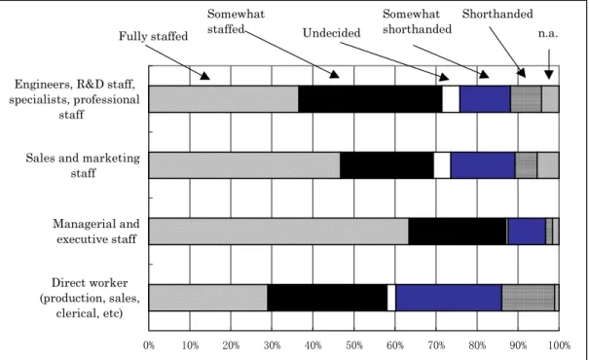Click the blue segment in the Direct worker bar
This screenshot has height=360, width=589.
[x=449, y=298]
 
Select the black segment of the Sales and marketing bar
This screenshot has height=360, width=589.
[x=387, y=165]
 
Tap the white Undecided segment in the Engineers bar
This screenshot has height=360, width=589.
[x=451, y=99]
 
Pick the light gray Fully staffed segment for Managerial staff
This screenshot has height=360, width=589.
[x=278, y=232]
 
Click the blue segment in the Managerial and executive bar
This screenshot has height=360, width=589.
[x=527, y=232]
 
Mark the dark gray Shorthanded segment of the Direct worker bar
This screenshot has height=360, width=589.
[x=528, y=298]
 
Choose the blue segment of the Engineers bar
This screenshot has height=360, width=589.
[x=485, y=99]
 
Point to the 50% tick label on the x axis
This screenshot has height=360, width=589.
[x=353, y=345]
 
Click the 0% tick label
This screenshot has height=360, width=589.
[x=149, y=345]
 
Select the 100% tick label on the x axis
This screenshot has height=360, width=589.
[x=560, y=345]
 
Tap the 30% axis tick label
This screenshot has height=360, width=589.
[x=272, y=345]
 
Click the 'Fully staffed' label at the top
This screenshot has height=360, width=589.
[x=153, y=36]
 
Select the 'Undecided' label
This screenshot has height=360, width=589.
[x=331, y=33]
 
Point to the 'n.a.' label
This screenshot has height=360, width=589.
[x=548, y=34]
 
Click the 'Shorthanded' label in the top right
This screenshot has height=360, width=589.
[x=497, y=14]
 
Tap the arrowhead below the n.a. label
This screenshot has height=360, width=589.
[x=549, y=75]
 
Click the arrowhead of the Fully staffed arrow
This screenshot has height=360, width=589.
[x=204, y=76]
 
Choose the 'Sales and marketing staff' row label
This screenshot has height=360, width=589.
[x=83, y=165]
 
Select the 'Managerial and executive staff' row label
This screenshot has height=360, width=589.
[x=96, y=232]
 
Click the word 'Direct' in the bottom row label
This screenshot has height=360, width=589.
[x=69, y=283]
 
